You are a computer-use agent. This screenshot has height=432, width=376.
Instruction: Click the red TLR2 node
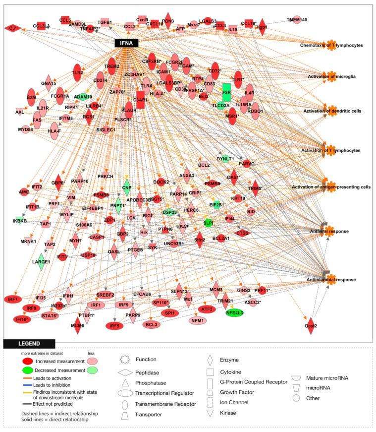click(x=77, y=72)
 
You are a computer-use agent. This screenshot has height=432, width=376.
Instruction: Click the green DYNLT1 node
click(x=225, y=159)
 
